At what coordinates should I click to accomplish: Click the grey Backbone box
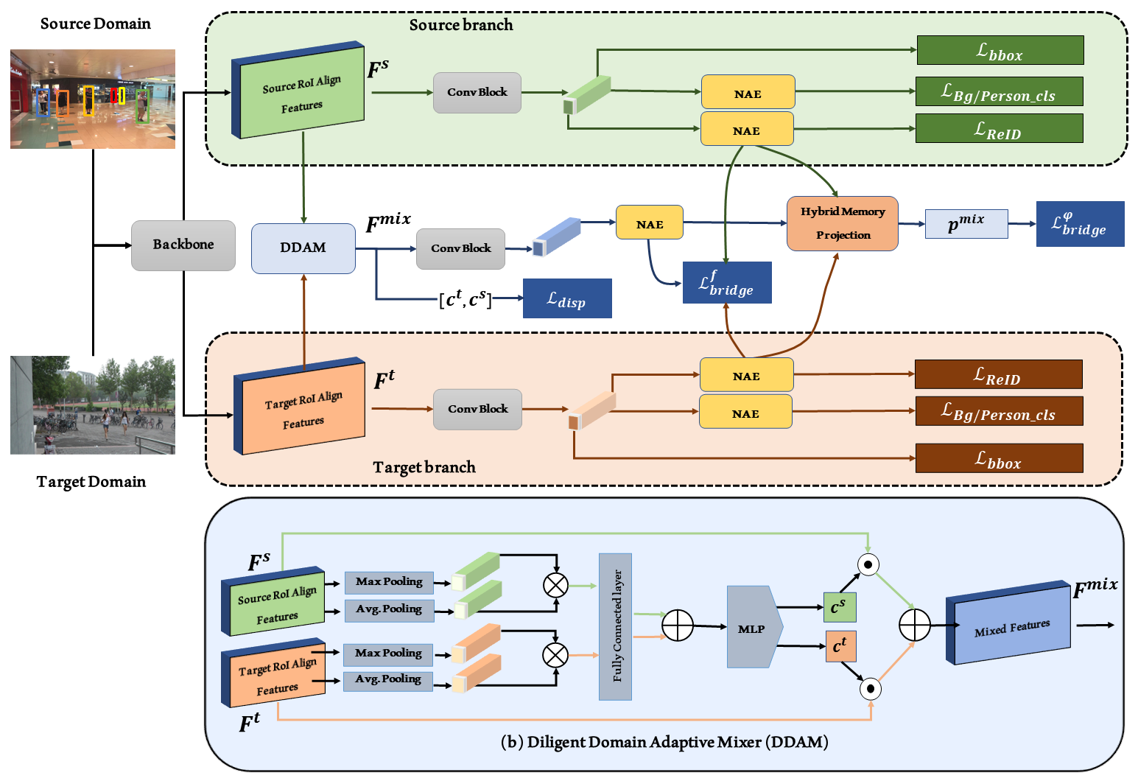pos(183,245)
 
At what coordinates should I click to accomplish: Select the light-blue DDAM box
pos(303,248)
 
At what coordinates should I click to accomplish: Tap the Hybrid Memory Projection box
pos(843,223)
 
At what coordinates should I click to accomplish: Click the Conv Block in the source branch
pos(477,92)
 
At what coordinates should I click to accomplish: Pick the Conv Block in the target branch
pos(477,409)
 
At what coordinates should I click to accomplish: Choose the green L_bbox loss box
pos(1000,50)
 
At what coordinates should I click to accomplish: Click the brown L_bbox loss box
pos(999,458)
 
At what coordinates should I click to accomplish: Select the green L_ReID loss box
pos(999,128)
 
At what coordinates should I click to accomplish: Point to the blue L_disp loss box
pos(567,298)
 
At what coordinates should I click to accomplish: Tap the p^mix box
pos(966,223)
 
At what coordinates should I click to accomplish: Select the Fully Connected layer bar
pos(615,626)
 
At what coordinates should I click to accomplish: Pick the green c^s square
pos(840,607)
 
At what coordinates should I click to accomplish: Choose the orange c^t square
pos(840,646)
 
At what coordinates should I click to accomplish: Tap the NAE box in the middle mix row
pos(649,223)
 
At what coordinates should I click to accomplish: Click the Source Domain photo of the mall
pos(93,99)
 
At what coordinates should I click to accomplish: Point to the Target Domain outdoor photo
pos(93,405)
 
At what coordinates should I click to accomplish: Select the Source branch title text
pos(461,25)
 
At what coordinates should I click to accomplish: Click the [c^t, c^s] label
pos(466,299)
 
